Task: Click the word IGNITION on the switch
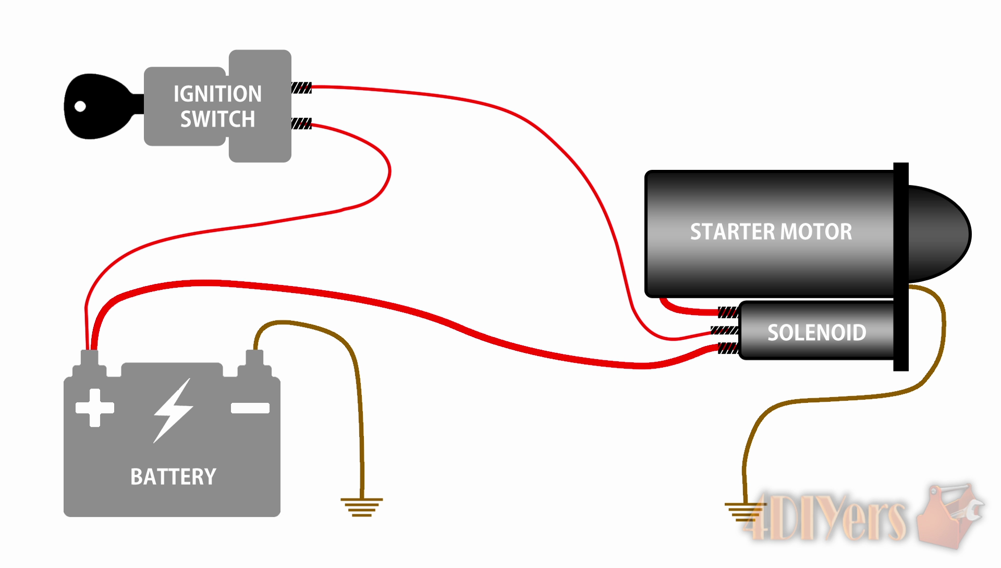click(x=217, y=94)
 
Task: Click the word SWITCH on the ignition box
click(x=217, y=119)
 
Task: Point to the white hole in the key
click(x=80, y=106)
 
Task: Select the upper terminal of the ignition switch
click(x=301, y=88)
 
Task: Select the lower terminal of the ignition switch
click(x=301, y=124)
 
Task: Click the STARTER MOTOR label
click(x=771, y=232)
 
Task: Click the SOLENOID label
click(x=816, y=332)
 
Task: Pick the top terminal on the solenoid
click(x=728, y=312)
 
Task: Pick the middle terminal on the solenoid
click(x=725, y=330)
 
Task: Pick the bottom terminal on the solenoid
click(x=728, y=348)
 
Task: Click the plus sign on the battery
click(x=95, y=408)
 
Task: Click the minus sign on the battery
click(x=250, y=408)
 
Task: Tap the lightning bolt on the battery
click(x=173, y=411)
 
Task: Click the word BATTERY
click(x=173, y=477)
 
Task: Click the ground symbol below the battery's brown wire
click(x=361, y=507)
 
